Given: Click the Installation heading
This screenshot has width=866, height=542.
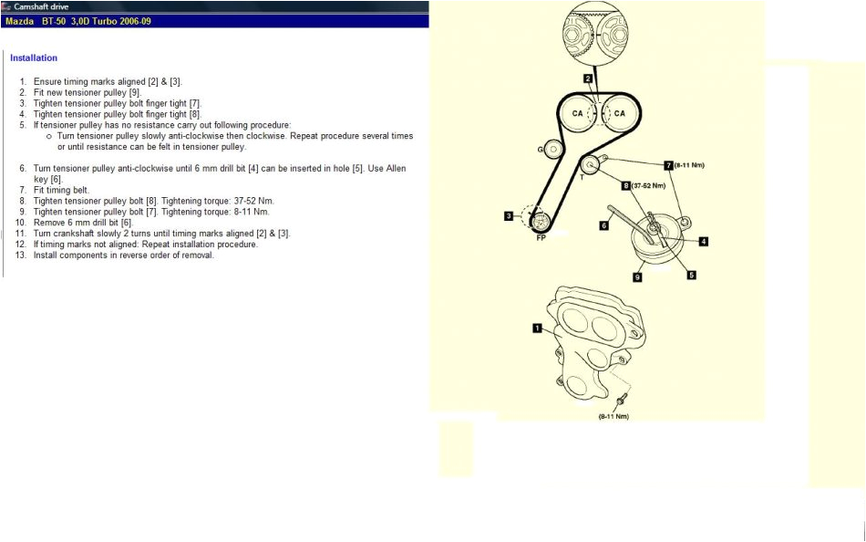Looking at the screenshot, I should (x=34, y=58).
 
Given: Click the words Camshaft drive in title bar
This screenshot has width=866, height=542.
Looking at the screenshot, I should (x=43, y=6).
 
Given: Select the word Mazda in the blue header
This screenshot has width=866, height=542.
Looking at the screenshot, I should (x=19, y=20).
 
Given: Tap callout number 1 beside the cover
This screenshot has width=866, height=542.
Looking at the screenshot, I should (x=537, y=327).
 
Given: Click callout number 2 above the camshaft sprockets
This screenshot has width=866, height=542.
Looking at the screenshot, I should (x=588, y=79).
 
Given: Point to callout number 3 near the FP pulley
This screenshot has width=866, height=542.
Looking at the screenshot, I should (x=508, y=216).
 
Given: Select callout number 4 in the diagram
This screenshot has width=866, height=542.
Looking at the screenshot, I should (x=704, y=242).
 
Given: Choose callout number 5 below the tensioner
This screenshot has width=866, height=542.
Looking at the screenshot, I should (x=691, y=275).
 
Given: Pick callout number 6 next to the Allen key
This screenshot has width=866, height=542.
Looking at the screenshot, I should (x=603, y=225).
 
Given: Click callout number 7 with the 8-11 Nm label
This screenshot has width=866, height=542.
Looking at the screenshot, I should (x=668, y=165).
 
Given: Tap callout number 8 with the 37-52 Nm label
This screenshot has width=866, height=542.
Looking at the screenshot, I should (x=626, y=185).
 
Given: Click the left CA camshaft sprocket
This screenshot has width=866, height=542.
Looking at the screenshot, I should (x=577, y=113).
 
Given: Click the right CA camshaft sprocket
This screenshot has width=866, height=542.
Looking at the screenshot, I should (x=619, y=113).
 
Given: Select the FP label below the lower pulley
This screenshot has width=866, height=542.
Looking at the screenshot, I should (x=541, y=236).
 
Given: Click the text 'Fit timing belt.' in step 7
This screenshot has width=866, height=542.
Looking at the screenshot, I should (x=61, y=190).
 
